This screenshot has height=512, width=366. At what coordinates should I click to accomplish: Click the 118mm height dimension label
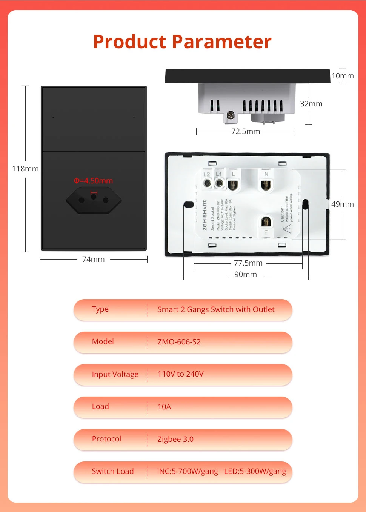(x=25, y=169)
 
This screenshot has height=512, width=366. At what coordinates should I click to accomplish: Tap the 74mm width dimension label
(x=93, y=259)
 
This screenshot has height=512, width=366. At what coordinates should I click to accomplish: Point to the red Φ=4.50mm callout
(x=93, y=181)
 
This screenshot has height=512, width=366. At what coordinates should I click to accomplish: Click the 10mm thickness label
(x=342, y=76)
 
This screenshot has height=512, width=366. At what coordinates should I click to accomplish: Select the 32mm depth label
(x=311, y=104)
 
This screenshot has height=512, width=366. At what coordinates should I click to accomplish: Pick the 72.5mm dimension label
(x=246, y=131)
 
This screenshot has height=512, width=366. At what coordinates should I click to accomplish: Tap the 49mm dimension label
(x=342, y=204)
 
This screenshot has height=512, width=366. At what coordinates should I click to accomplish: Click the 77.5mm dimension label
(x=248, y=263)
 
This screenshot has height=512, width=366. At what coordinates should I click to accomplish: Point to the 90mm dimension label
(x=245, y=274)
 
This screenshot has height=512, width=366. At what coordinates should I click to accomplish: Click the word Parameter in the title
(x=222, y=42)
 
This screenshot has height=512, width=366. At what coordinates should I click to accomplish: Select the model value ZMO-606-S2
(x=179, y=342)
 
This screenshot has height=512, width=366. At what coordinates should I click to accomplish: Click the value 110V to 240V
(x=180, y=374)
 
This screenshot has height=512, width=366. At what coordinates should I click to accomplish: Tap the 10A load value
(x=164, y=407)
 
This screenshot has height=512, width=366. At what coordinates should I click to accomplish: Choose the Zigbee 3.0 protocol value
(x=175, y=439)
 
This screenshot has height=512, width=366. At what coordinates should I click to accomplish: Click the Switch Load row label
(x=112, y=471)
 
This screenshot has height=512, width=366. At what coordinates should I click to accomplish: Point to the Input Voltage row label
(x=115, y=374)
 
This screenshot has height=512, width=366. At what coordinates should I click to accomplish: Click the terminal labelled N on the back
(x=266, y=185)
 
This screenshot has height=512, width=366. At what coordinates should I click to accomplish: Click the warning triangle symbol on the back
(x=287, y=229)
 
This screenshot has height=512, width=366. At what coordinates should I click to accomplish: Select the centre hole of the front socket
(x=94, y=197)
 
